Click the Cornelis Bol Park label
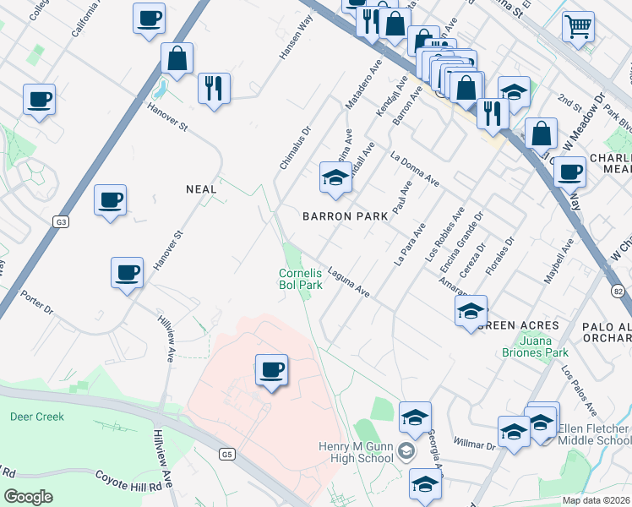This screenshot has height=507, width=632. tap(301, 279)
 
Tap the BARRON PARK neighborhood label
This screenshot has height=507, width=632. tap(346, 216)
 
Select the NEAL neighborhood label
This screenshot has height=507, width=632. tap(201, 190)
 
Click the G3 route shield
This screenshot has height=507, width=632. tap(61, 221)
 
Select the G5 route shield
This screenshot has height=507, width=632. tap(226, 454)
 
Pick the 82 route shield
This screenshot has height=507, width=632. tap(618, 290)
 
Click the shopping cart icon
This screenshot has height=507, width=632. tap(578, 26)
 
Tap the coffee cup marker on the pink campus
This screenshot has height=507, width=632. tap(271, 369)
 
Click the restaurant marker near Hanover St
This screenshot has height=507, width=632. tap(214, 87)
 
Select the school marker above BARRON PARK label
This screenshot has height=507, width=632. tap(335, 178)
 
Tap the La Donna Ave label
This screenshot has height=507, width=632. tap(415, 169)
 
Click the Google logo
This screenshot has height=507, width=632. tap(28, 497)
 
